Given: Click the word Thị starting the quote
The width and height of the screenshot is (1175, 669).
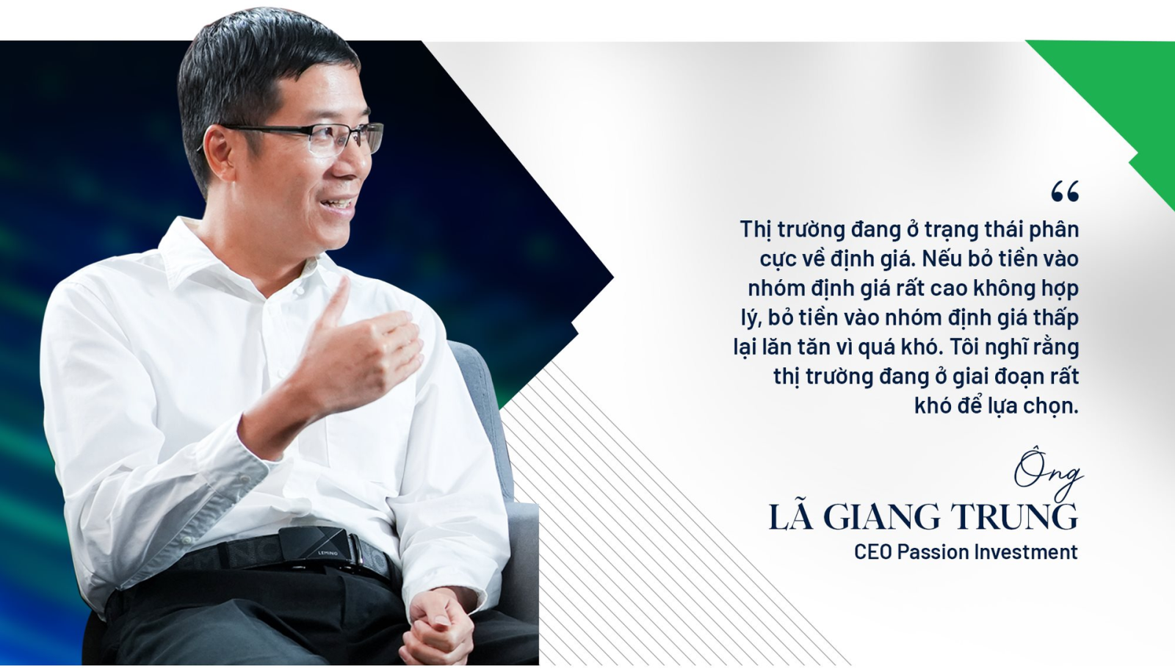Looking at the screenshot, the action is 756,231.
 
